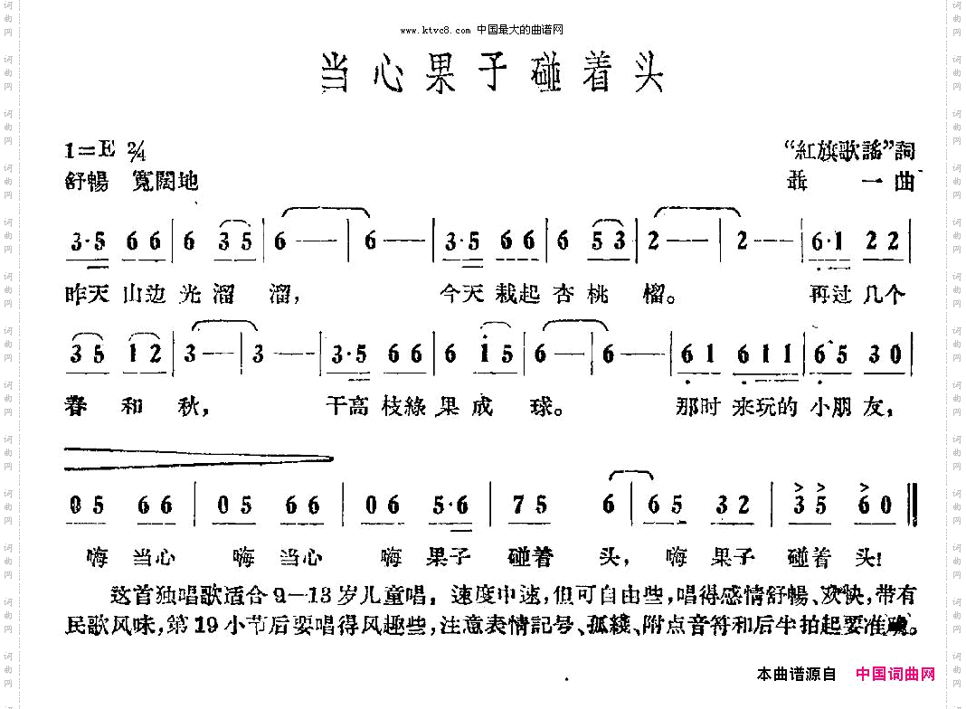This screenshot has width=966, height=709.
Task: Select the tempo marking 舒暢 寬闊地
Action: point(131,181)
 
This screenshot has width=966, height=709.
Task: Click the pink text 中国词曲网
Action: point(895,674)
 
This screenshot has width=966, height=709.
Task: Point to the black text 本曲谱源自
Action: point(797,674)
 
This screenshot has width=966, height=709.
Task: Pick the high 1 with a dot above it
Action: point(486,354)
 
